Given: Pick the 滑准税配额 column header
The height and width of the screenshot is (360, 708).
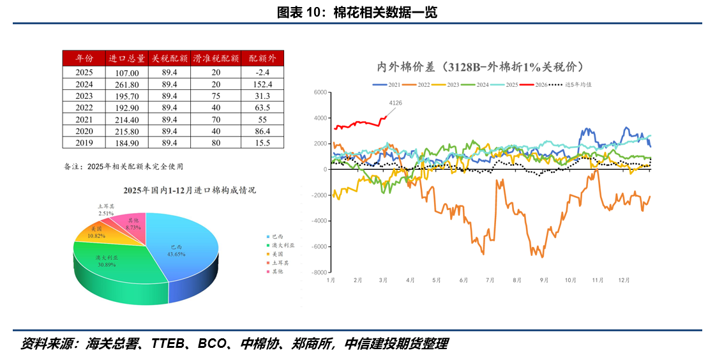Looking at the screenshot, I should coord(216,58).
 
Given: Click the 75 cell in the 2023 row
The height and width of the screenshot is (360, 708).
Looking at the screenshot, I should coord(216,96).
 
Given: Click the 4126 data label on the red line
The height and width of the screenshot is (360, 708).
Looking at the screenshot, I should coord(396,103).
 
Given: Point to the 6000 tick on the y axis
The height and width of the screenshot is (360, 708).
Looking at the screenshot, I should coord(320,93).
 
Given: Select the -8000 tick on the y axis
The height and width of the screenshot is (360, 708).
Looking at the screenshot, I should coord(319,273).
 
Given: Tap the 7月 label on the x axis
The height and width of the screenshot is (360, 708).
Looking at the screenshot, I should coord(490,280).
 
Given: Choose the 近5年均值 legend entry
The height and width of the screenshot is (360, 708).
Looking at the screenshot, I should coord(578,84).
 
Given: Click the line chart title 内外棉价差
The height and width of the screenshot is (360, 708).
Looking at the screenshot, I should coord(479,66).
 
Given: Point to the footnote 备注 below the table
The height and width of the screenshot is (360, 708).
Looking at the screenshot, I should coord(123,167).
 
